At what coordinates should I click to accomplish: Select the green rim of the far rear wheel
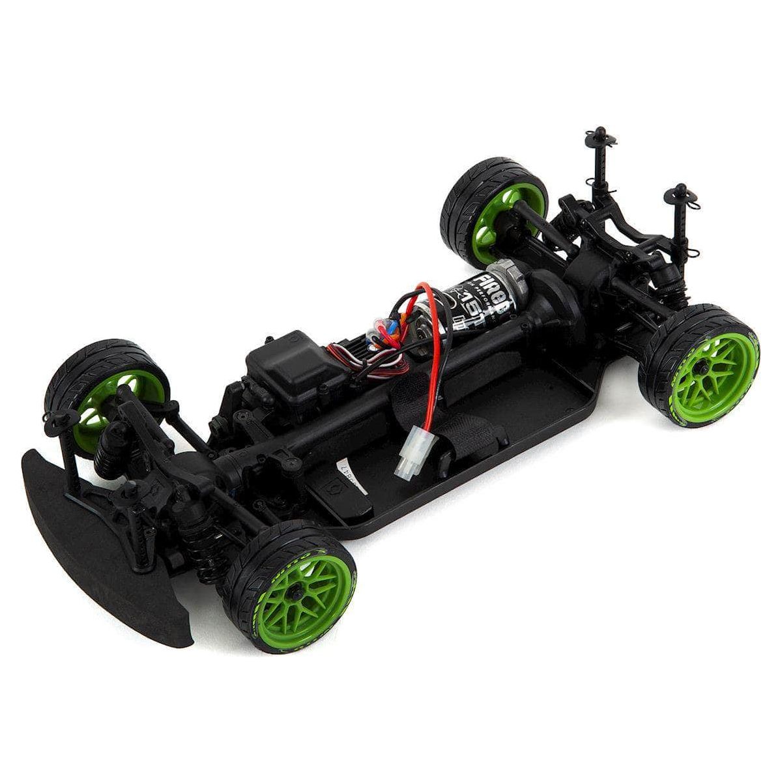click(x=489, y=222)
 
